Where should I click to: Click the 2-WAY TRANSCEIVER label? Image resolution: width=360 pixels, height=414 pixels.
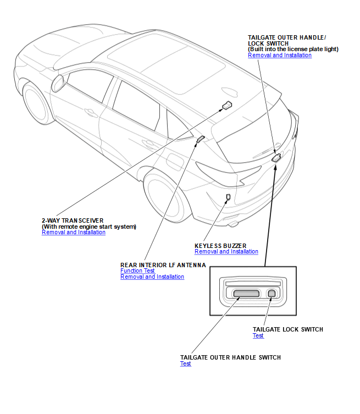tap(73, 220)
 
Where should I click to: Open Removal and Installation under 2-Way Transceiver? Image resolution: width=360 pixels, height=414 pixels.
tap(74, 233)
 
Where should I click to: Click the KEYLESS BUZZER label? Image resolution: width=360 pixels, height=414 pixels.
tap(220, 245)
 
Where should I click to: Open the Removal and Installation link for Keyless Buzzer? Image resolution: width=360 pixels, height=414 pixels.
tap(226, 252)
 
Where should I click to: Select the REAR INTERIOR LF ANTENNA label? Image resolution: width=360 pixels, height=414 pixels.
tap(163, 264)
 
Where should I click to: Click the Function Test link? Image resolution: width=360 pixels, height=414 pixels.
tap(137, 271)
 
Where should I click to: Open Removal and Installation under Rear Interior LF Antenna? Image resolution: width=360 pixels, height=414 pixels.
tap(152, 277)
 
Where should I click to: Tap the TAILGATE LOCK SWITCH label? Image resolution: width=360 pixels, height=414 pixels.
tap(287, 329)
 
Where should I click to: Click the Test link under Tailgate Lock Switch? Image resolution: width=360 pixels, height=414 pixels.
tap(258, 336)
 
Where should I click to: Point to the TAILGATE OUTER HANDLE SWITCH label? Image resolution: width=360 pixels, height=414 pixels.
tap(230, 357)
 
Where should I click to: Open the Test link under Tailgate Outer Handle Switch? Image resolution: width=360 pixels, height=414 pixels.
tap(186, 364)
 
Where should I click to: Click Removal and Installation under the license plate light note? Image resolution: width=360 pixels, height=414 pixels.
tap(280, 56)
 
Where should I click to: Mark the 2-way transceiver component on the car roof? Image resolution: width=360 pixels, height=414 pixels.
tap(226, 106)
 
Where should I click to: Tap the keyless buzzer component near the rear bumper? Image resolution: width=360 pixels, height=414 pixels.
tap(228, 196)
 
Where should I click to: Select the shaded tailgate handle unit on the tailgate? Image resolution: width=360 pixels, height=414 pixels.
tap(276, 158)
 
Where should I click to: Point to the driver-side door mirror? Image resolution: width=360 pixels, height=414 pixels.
tap(57, 84)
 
